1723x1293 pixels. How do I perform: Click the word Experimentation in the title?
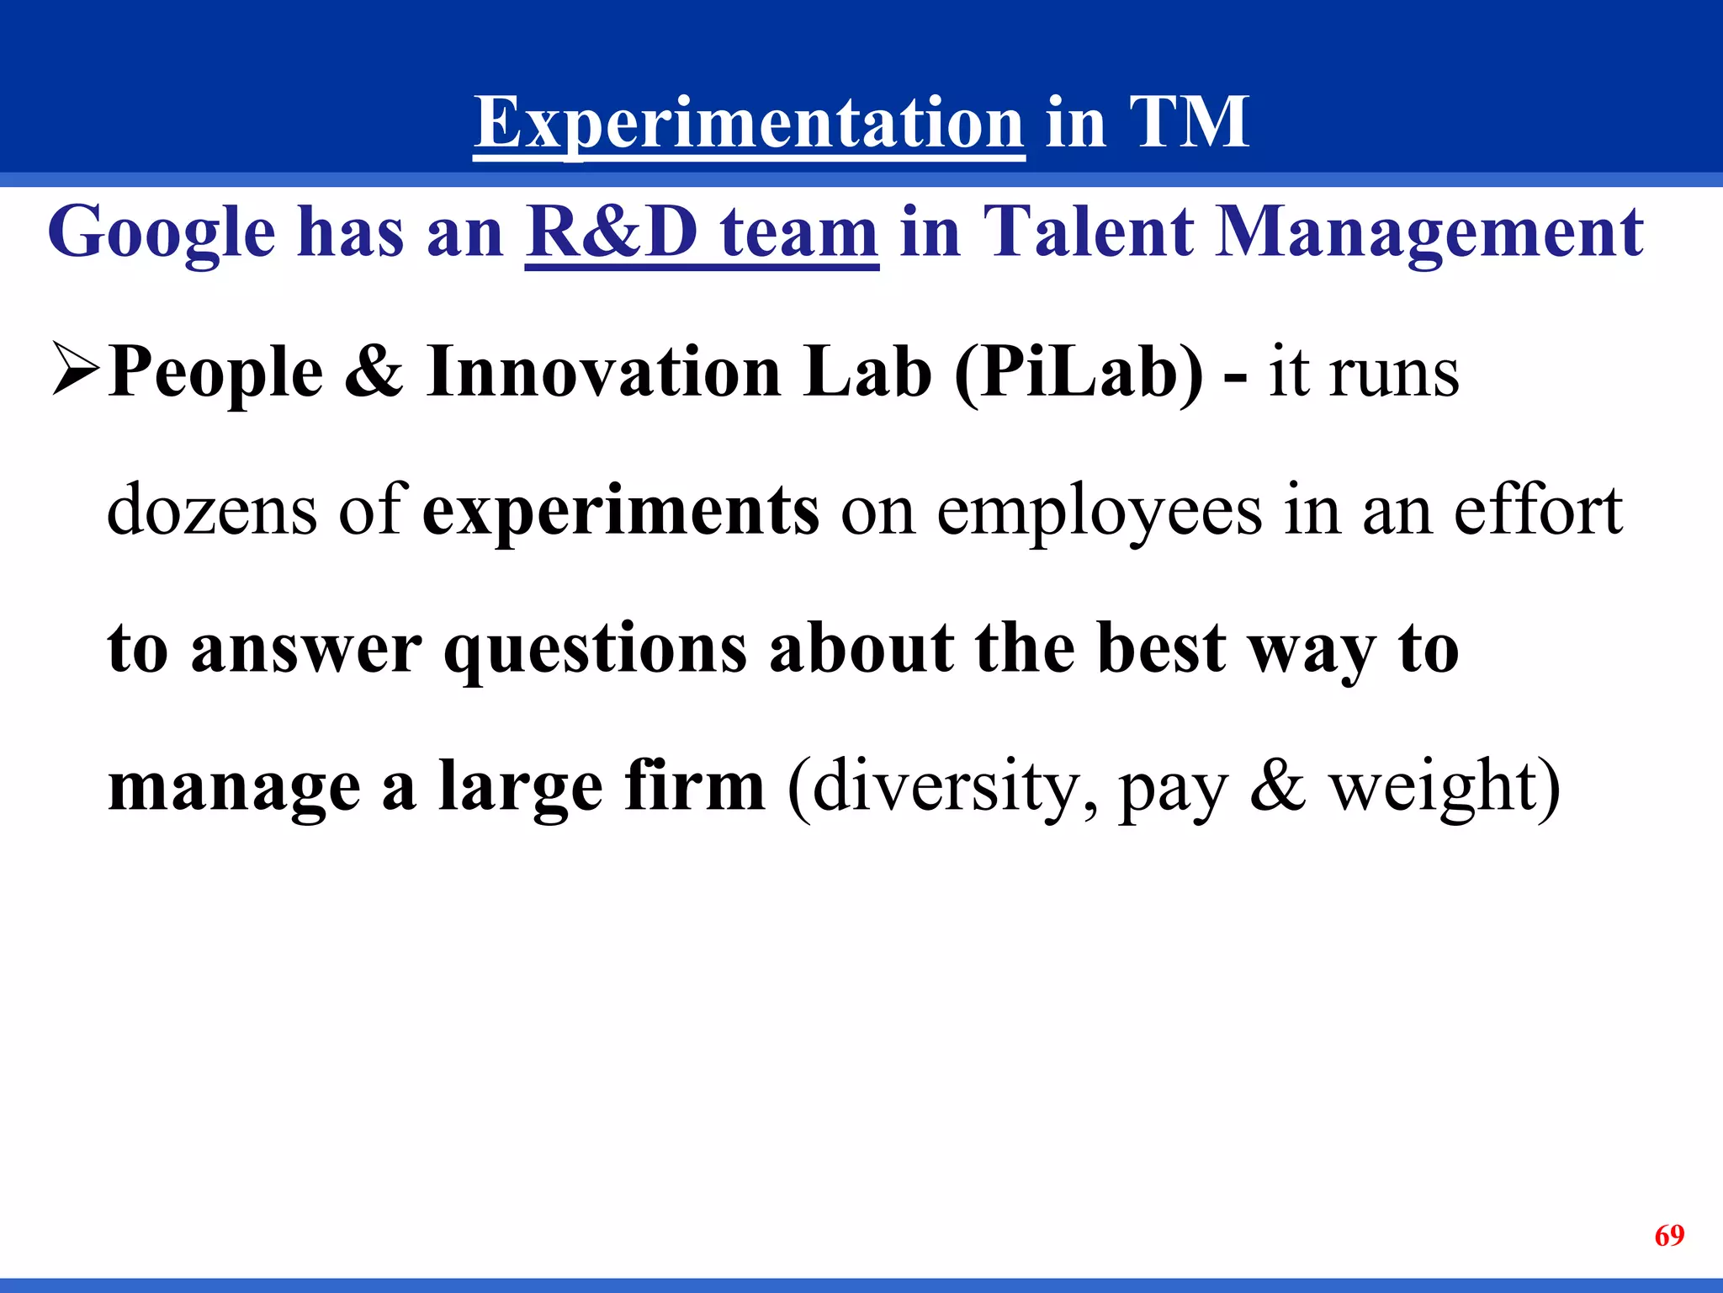tap(749, 123)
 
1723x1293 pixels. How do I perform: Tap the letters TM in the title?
tap(1188, 123)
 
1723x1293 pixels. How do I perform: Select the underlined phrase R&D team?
tap(702, 233)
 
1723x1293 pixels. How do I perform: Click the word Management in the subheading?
tap(1429, 233)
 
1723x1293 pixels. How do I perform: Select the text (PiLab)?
tap(1079, 373)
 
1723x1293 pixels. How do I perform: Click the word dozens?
tap(212, 510)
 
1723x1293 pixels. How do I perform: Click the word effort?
tap(1538, 510)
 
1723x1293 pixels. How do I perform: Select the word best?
tap(1161, 648)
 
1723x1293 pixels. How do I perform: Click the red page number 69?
tap(1669, 1235)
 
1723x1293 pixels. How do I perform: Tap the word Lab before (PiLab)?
tap(867, 371)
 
